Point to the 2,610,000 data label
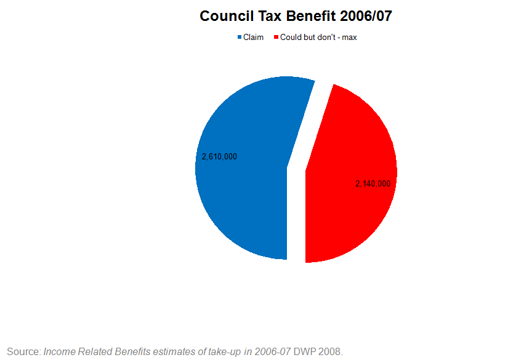[x=219, y=157]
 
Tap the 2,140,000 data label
[x=373, y=184]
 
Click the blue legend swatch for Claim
[x=240, y=38]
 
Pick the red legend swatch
[x=276, y=38]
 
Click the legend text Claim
[x=253, y=38]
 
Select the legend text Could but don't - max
[x=318, y=38]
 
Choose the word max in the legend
[x=349, y=38]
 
